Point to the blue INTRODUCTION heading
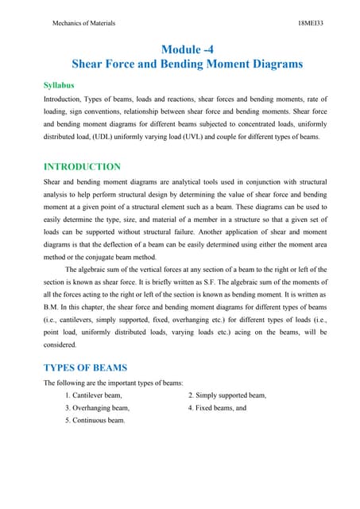[x=82, y=167]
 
